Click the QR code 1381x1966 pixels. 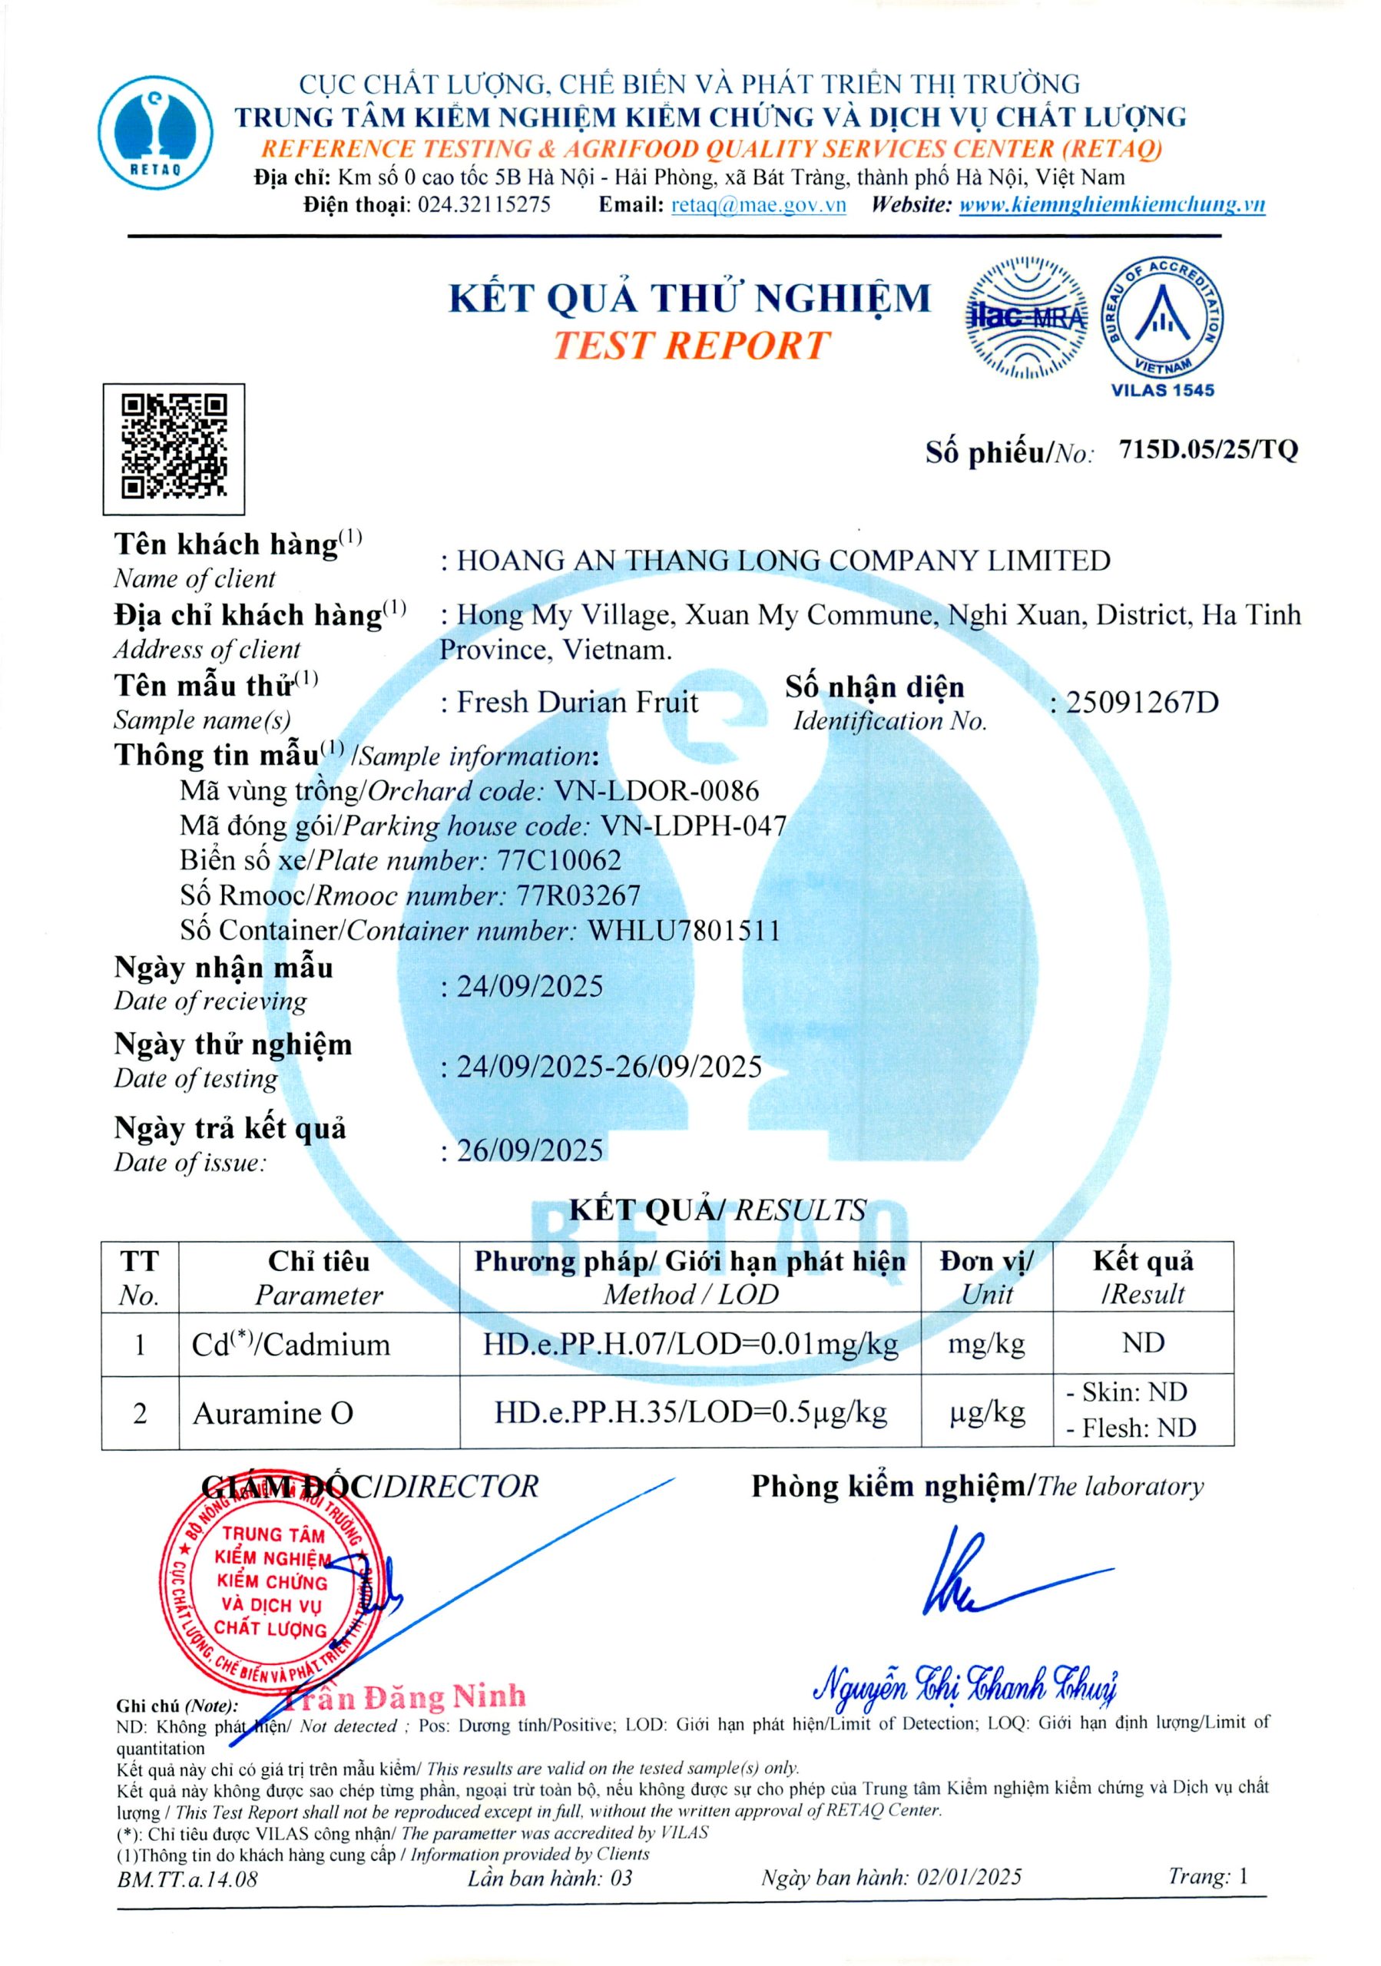coord(174,448)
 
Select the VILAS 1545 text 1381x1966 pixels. coord(1162,390)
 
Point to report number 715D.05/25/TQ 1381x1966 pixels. coord(1208,449)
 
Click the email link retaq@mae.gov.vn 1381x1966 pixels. coord(759,204)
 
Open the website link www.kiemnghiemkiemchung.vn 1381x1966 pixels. coord(1111,204)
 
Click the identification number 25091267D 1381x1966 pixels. coord(1141,703)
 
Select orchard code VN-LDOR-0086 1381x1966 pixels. coord(657,790)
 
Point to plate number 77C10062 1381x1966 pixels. coord(560,861)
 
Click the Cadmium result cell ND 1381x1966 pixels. coord(1143,1342)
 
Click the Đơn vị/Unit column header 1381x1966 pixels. coord(986,1276)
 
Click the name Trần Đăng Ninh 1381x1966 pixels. coord(402,1696)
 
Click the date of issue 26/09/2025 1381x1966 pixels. coord(529,1150)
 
